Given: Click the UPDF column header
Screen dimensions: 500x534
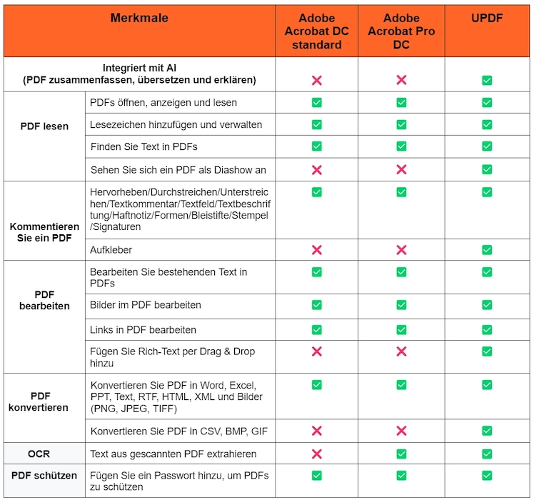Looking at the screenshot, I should click(x=487, y=19).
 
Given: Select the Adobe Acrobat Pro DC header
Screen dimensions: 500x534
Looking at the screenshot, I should click(x=401, y=31).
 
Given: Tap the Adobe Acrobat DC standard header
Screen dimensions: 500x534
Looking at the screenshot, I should click(x=316, y=31).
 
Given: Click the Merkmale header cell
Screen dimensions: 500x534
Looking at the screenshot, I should click(x=139, y=19).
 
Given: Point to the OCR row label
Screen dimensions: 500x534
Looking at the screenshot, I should click(x=43, y=454).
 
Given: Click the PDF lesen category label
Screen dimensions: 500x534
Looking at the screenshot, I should click(x=44, y=126).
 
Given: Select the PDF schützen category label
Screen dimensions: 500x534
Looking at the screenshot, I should click(x=44, y=474).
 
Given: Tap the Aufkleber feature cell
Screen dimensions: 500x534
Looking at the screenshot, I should click(x=112, y=250).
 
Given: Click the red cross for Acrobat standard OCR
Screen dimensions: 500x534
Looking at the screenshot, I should click(x=316, y=454).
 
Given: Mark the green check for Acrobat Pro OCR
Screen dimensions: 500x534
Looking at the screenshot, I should click(x=401, y=454).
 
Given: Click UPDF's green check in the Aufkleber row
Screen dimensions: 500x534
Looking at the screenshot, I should click(x=487, y=250).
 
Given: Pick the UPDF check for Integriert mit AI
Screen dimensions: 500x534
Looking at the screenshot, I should click(x=487, y=80).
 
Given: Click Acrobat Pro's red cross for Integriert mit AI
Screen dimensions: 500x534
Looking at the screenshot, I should click(x=401, y=80).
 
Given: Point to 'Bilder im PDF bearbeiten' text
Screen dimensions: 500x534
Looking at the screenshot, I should click(x=146, y=305).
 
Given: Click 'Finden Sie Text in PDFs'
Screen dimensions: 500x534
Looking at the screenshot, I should click(x=143, y=147).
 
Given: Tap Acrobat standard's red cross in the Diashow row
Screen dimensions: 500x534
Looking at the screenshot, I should click(x=316, y=170).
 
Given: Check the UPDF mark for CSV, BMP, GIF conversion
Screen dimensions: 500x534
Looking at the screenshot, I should click(x=487, y=431).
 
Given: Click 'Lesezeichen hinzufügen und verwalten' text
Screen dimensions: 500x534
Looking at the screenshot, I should click(x=176, y=125).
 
